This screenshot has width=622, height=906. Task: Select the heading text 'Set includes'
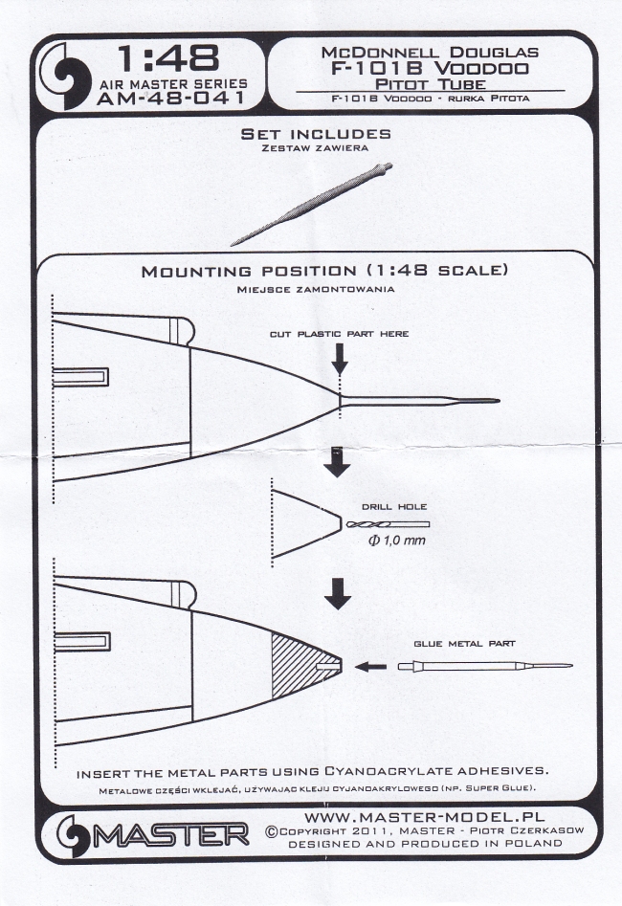[x=315, y=134]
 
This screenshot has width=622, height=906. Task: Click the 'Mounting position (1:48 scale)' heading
[x=323, y=271]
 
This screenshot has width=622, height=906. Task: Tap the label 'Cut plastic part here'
[x=339, y=334]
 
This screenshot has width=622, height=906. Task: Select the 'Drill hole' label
[x=388, y=505]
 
